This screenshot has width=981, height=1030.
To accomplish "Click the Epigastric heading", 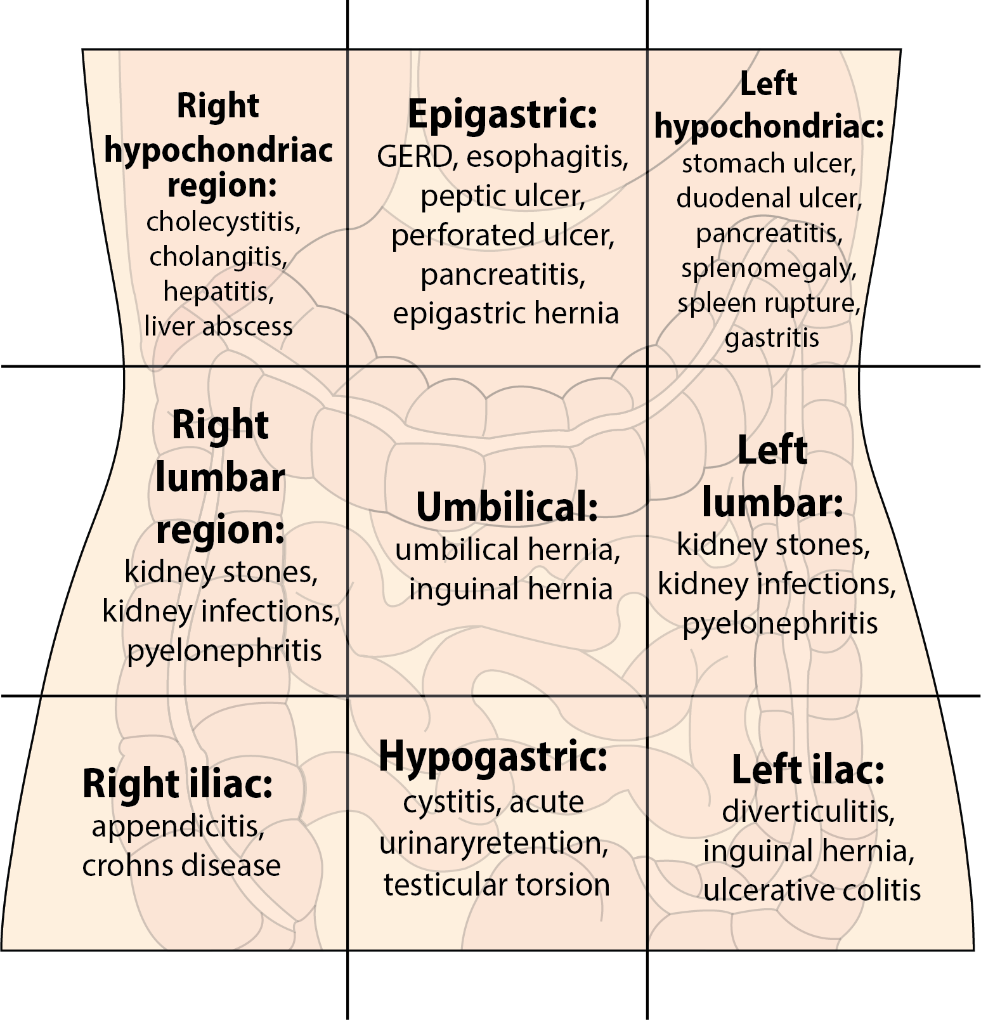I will pyautogui.click(x=502, y=115).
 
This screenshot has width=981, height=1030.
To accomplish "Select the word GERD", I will pyautogui.click(x=414, y=157).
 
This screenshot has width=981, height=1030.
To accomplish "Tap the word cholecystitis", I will pyautogui.click(x=223, y=222).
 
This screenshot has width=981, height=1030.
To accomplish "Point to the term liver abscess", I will pyautogui.click(x=219, y=326).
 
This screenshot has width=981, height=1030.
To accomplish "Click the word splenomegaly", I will pyautogui.click(x=769, y=268).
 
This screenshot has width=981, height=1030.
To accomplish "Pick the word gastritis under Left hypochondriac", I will pyautogui.click(x=772, y=337).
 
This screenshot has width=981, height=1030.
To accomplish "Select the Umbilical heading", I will pyautogui.click(x=507, y=507).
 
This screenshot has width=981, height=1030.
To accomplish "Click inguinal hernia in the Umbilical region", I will pyautogui.click(x=510, y=589).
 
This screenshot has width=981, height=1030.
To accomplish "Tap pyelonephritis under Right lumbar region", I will pyautogui.click(x=224, y=651).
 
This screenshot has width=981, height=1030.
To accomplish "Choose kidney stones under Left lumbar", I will pyautogui.click(x=774, y=544).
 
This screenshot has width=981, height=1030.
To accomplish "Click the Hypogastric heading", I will pyautogui.click(x=493, y=756).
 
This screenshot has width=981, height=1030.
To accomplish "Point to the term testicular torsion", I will pyautogui.click(x=497, y=884).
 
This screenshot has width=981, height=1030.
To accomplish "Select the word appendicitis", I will pyautogui.click(x=178, y=826).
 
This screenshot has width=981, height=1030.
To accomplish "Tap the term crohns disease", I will pyautogui.click(x=181, y=866).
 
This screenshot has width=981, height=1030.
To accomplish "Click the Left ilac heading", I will pyautogui.click(x=808, y=770).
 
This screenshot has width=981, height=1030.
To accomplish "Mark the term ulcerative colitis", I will pyautogui.click(x=812, y=890).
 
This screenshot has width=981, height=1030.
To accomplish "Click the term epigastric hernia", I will pyautogui.click(x=505, y=313).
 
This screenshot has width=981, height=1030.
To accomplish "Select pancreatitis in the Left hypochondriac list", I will pyautogui.click(x=769, y=233).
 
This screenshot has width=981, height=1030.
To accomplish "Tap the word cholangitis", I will pyautogui.click(x=218, y=257).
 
